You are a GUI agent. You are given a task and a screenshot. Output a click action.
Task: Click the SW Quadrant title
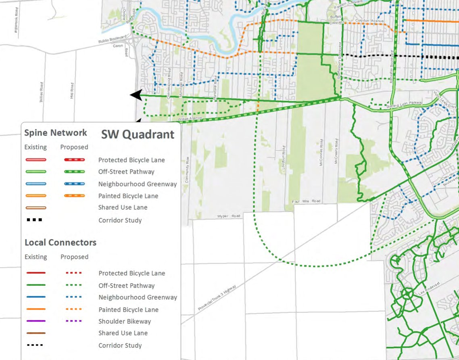[137, 134]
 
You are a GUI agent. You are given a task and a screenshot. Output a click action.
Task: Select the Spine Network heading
[56, 133]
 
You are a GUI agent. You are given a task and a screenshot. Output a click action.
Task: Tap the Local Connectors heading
[61, 243]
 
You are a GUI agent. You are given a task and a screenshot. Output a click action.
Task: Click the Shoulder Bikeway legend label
[125, 321]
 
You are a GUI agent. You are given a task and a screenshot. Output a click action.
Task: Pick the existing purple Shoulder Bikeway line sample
[36, 321]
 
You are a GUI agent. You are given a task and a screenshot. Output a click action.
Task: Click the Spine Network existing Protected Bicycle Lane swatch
[36, 160]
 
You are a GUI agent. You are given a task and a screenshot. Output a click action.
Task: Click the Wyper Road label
[229, 216]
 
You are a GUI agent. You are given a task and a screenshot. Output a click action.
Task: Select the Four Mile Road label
[306, 201]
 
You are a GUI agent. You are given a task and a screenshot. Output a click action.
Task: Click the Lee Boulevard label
[430, 290]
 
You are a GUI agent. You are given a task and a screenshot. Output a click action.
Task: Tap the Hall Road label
[72, 91]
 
